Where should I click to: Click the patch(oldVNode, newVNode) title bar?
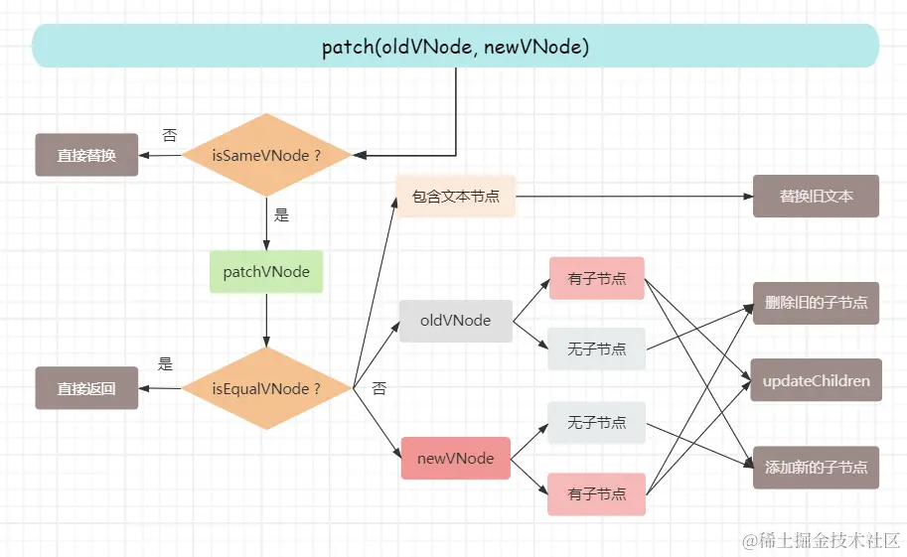(455, 47)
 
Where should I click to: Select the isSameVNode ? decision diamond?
(266, 155)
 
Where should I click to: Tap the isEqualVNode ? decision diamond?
(266, 388)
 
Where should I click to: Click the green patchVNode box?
(266, 272)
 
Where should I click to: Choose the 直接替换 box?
(86, 155)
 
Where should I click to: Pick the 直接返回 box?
(86, 388)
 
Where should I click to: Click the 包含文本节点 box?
(456, 196)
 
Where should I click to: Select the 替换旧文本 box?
(816, 196)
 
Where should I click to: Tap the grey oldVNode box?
(456, 321)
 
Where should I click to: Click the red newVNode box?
(456, 459)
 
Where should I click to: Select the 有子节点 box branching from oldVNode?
(596, 278)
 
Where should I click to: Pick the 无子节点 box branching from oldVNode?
(596, 348)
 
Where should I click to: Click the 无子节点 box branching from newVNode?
(596, 422)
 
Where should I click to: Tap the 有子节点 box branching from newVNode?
(596, 494)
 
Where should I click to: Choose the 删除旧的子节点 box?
(816, 301)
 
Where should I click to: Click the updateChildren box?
(816, 380)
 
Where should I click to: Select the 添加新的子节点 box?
(816, 467)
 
